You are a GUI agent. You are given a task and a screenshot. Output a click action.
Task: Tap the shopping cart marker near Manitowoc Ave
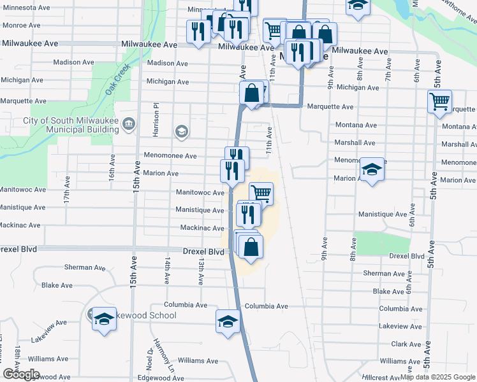261,193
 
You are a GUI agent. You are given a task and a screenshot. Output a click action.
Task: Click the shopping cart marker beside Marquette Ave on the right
439,102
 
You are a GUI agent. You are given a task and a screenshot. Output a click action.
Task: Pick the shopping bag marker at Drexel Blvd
251,246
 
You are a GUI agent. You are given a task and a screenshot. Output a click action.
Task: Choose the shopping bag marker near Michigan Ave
253,93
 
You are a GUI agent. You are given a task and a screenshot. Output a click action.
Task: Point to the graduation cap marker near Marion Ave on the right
372,169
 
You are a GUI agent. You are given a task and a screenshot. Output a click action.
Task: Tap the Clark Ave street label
406,344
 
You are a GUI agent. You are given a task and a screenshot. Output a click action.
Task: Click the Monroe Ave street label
21,25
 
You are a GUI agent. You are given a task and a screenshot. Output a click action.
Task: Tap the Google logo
21,374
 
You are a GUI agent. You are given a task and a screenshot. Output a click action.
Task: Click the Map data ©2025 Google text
437,378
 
